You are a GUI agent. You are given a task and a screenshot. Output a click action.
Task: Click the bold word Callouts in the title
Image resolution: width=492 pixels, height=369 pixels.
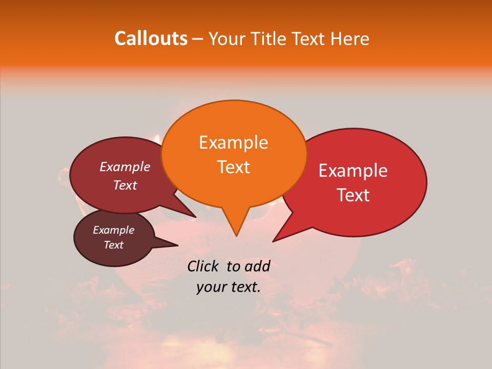click(151, 38)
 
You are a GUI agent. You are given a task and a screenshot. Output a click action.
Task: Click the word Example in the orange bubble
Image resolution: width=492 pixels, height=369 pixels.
click(233, 142)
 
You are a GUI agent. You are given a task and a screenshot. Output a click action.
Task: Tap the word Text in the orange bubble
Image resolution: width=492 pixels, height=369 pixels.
click(233, 167)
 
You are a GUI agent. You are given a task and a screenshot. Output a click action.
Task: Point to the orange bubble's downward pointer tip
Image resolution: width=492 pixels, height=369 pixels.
click(236, 235)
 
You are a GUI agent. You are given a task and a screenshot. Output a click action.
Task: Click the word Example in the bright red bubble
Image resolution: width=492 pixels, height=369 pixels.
click(353, 171)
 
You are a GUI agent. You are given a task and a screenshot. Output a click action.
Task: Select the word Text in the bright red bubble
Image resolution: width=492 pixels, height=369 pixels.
click(353, 195)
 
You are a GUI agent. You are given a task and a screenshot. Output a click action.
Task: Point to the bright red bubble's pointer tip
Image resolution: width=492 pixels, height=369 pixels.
click(274, 241)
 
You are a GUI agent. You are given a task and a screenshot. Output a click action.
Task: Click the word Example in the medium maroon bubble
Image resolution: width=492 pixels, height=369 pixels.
click(125, 167)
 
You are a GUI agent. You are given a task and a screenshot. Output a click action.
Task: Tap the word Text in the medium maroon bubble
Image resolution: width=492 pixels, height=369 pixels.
click(125, 185)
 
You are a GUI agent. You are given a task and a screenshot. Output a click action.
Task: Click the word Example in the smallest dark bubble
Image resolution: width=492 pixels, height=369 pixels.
click(113, 230)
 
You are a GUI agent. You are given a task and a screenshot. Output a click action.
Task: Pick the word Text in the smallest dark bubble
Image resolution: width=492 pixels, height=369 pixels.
click(113, 245)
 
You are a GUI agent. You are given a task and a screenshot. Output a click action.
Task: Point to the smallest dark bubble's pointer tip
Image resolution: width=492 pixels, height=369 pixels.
click(177, 245)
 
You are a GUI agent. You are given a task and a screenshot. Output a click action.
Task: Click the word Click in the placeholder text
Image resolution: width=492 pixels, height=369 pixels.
click(203, 266)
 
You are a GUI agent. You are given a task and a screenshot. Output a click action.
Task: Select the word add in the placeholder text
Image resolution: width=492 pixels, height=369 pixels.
click(257, 266)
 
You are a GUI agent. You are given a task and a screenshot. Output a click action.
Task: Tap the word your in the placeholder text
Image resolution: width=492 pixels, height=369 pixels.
click(212, 288)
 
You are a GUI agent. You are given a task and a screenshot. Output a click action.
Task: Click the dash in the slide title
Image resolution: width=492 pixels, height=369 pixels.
click(198, 39)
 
